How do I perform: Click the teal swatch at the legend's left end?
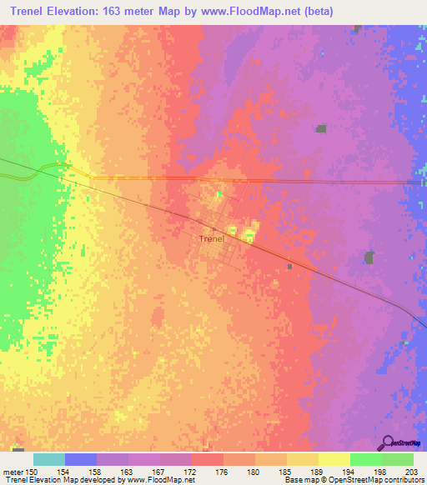[49, 459]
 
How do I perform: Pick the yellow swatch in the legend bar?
[334, 459]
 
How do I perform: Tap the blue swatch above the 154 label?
[81, 459]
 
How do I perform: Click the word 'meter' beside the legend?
[12, 471]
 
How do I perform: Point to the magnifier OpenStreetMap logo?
[388, 443]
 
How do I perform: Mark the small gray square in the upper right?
[321, 128]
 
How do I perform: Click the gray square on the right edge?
[369, 257]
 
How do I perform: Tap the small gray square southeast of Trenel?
[289, 267]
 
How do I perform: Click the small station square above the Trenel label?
[214, 230]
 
